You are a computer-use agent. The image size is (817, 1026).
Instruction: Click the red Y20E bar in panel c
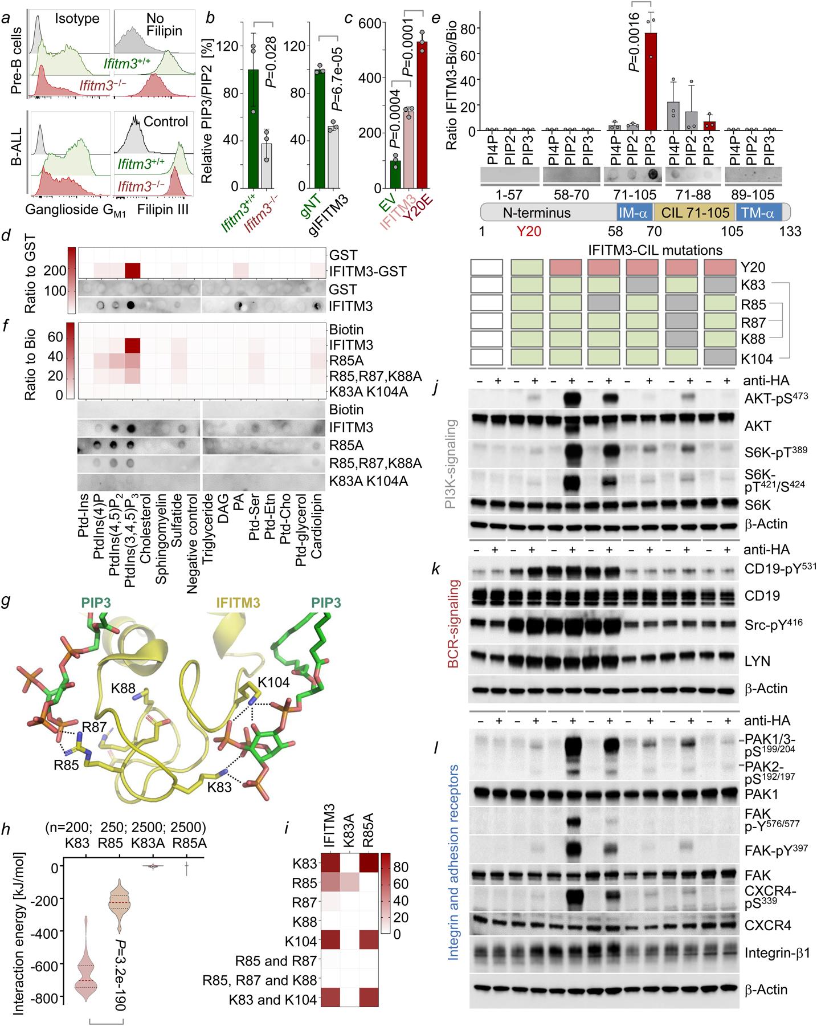[x=422, y=114]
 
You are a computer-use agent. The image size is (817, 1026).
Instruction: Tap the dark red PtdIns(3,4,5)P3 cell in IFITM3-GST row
[x=132, y=271]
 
